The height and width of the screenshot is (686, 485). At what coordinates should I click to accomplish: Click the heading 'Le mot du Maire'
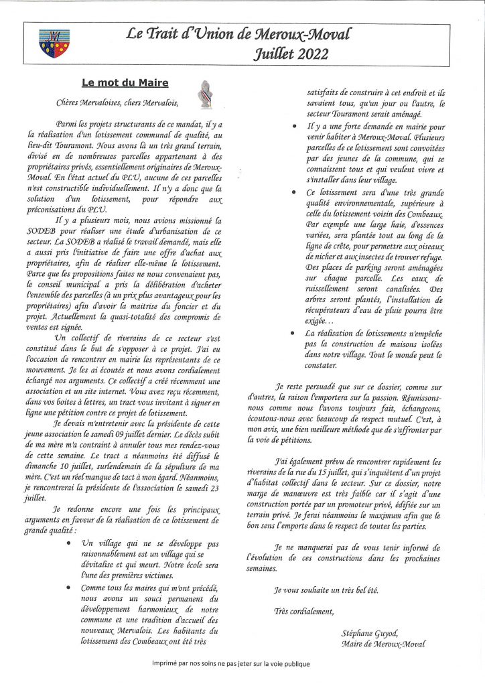point(125,84)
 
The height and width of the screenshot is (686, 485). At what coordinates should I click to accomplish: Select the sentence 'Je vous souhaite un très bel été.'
point(326,590)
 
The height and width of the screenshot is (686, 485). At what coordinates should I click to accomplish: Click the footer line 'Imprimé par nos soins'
point(231,664)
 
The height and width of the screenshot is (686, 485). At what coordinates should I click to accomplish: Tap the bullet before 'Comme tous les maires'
point(71,588)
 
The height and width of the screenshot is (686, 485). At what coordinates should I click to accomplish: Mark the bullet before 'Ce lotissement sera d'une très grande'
point(296,192)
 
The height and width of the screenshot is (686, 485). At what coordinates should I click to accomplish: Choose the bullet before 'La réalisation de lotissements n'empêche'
point(296,333)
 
